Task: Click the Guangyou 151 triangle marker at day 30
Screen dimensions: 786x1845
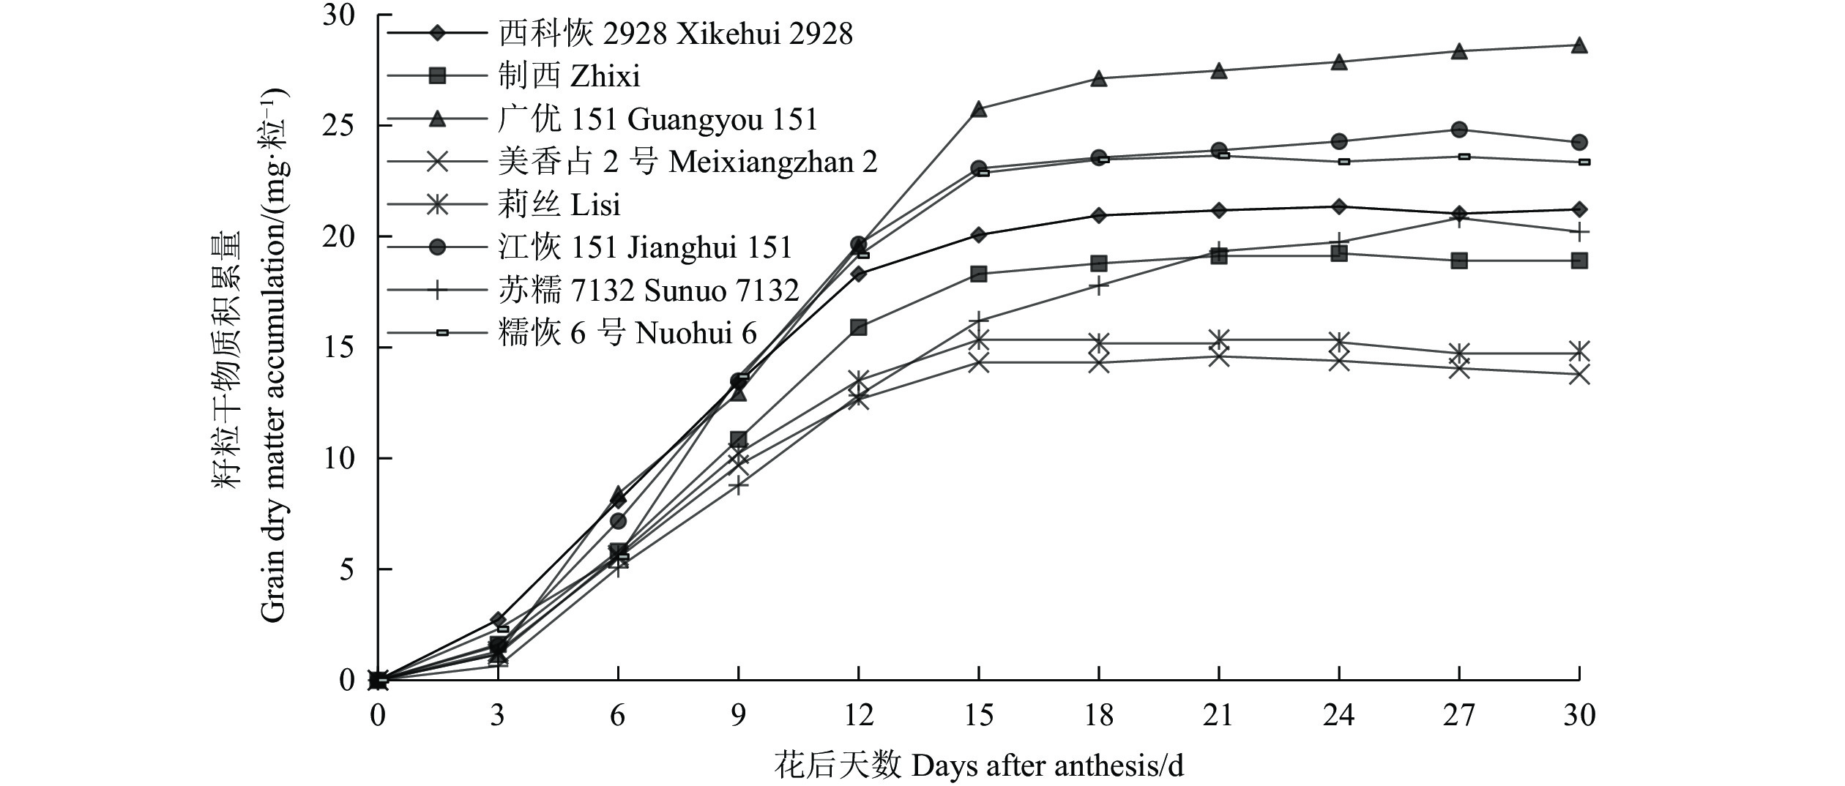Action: click(x=1579, y=45)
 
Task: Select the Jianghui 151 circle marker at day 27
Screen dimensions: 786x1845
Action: click(x=1458, y=130)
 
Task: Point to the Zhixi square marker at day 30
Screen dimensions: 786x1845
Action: click(x=1579, y=261)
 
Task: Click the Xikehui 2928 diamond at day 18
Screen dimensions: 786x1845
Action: click(x=1098, y=215)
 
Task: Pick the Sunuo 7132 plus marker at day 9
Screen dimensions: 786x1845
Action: click(x=738, y=484)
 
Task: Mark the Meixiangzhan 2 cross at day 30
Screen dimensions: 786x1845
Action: click(x=1579, y=375)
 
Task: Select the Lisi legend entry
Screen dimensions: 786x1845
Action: click(x=559, y=204)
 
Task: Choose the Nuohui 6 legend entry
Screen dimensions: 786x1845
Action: click(x=627, y=334)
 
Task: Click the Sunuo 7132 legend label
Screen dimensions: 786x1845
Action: click(x=648, y=291)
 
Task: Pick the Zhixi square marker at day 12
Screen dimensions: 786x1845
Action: click(x=858, y=327)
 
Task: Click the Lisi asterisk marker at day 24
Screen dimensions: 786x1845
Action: click(x=1338, y=342)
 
